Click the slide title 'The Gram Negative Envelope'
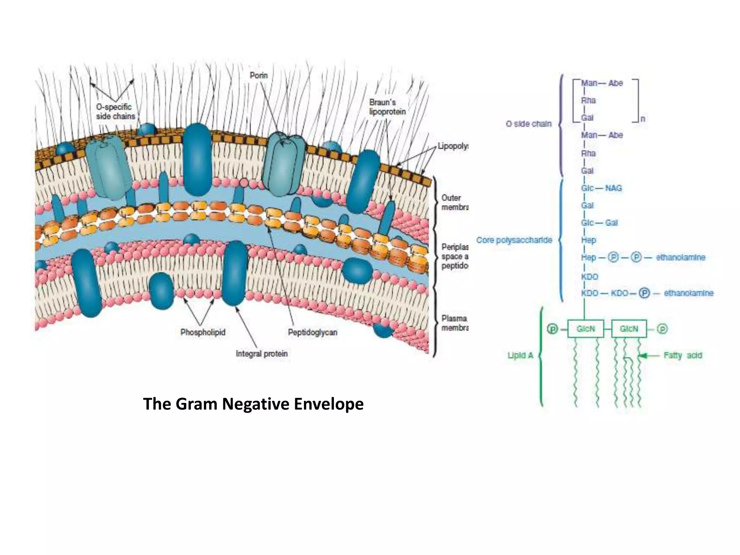(x=253, y=404)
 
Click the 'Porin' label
(x=259, y=76)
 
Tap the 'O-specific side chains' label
(x=115, y=112)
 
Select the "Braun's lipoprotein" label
(x=387, y=107)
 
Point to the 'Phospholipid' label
(x=203, y=332)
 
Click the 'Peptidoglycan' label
(x=313, y=332)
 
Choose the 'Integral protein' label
(x=262, y=354)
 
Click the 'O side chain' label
(x=528, y=124)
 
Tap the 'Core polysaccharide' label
(x=514, y=240)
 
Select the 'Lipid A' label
(x=520, y=356)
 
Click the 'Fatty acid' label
(x=683, y=356)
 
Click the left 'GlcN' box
(x=585, y=329)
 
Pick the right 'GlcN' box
(x=629, y=329)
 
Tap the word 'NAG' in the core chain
(x=613, y=188)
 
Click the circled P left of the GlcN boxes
(x=552, y=329)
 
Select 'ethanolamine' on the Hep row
(x=680, y=258)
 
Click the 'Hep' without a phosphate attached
(x=588, y=240)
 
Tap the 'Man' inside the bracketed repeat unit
(x=589, y=83)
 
